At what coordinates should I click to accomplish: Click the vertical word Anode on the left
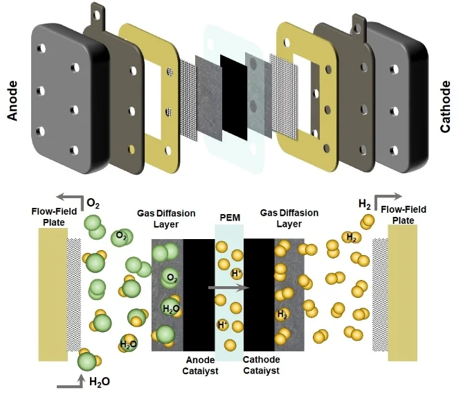12,100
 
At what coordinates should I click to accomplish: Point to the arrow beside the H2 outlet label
385,199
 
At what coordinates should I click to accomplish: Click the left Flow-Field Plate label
50,216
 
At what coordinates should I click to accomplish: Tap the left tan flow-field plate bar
53,294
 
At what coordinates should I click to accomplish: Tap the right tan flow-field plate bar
403,294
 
